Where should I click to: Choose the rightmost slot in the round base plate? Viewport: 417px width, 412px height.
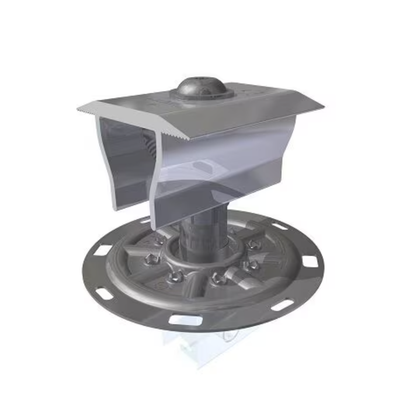point(310,261)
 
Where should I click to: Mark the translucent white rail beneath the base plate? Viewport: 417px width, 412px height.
point(193,350)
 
